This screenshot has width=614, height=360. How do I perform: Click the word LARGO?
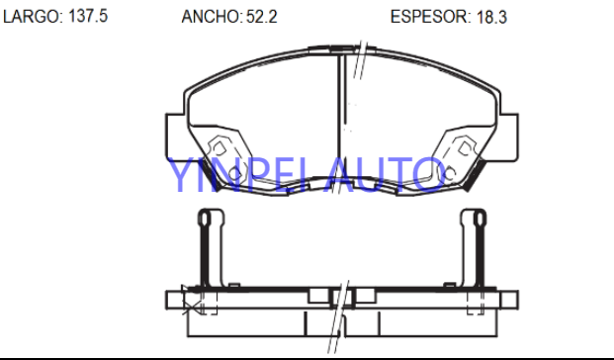32,17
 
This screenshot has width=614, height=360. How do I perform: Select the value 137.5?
88,16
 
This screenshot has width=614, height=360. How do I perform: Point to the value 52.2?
262,17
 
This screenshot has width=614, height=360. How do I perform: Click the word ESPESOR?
430,17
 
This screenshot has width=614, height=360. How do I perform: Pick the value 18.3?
491,17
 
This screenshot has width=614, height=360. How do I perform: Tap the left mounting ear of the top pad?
175,137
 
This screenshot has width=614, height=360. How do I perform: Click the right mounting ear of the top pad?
508,137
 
